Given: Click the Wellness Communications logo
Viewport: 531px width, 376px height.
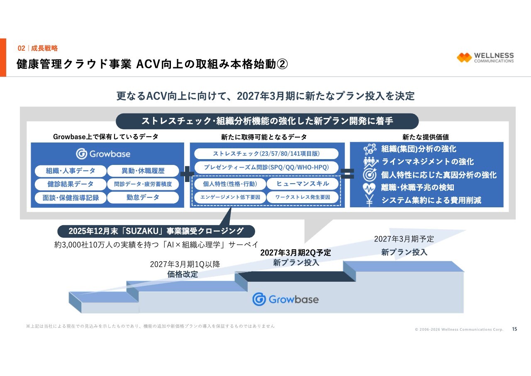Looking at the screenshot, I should tap(485, 57).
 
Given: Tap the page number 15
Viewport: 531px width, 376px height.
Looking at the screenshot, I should tap(514, 329).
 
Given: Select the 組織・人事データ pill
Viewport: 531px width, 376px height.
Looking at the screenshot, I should tap(71, 171).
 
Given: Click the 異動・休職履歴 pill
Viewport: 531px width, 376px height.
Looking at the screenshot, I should tap(143, 171).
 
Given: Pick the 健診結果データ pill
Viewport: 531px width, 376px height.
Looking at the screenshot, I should tap(71, 184).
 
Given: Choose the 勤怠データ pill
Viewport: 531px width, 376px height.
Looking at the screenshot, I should tap(143, 197).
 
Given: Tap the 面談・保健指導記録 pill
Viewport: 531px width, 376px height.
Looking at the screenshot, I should tap(71, 198).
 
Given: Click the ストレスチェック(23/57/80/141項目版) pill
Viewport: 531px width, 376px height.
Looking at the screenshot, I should tap(266, 154).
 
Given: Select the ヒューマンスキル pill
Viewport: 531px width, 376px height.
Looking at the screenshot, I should tap(303, 184).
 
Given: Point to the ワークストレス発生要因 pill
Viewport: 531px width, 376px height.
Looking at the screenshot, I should tap(303, 197).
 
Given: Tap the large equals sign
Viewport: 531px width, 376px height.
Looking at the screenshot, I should tap(347, 174).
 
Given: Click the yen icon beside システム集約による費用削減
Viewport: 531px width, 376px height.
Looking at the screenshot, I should tap(369, 201).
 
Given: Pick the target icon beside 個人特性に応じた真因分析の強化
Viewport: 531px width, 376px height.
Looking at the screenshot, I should tap(369, 174).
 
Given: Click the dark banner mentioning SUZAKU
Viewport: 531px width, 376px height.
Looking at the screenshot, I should tap(156, 231).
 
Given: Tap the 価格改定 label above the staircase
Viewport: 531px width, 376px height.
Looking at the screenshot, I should tap(183, 274).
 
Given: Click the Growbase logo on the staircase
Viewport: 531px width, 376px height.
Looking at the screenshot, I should tap(285, 299).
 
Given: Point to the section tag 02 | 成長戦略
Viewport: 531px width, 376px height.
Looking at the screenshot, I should tap(37, 48).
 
